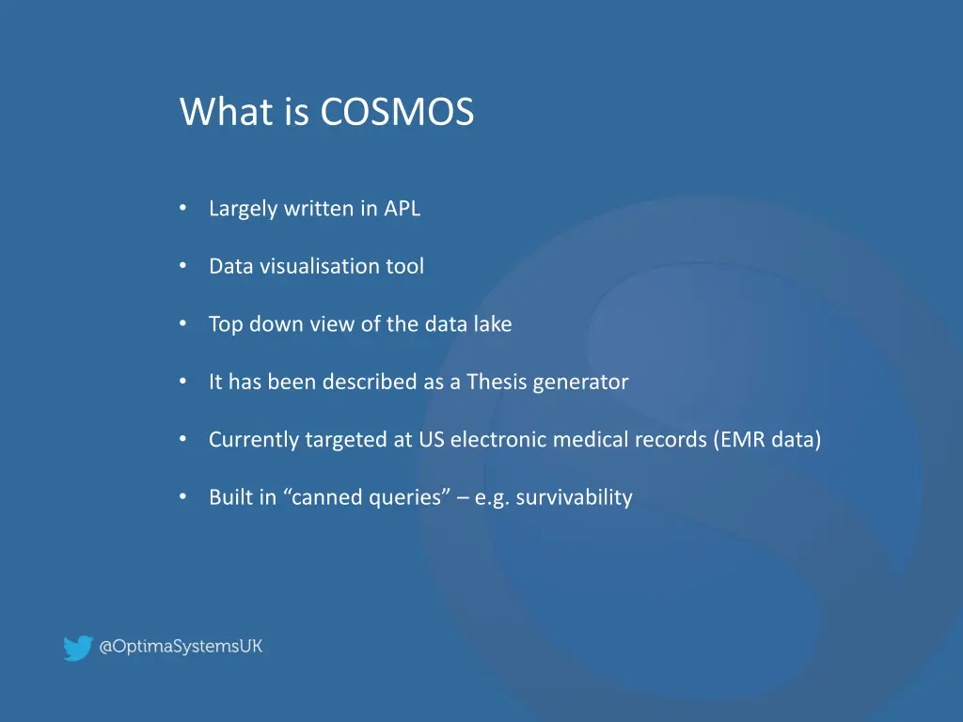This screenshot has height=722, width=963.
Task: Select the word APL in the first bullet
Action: [402, 209]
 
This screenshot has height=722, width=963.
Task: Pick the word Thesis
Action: [497, 382]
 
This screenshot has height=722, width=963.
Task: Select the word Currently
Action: [254, 440]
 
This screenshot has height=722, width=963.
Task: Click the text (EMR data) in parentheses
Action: [766, 440]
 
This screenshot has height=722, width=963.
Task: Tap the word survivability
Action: [574, 497]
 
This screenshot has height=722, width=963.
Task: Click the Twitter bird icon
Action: [77, 648]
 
